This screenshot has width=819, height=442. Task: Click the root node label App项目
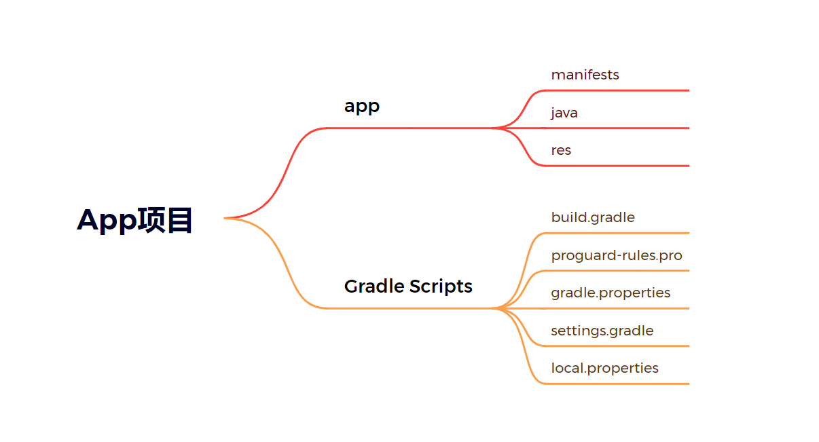[x=134, y=220]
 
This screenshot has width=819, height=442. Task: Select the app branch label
[x=361, y=106]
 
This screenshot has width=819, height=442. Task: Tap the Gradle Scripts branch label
[x=408, y=286]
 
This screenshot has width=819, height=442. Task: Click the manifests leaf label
[x=585, y=75]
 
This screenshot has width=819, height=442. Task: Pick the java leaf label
[x=564, y=113]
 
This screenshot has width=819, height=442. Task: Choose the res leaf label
[x=561, y=150]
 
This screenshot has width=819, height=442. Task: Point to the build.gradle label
[x=593, y=217]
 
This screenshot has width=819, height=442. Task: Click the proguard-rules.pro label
[x=617, y=255]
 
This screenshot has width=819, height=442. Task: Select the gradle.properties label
[x=611, y=293]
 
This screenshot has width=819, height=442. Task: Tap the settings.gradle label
[x=602, y=331]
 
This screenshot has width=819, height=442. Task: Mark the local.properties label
[x=604, y=368]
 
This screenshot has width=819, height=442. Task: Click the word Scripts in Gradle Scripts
[x=442, y=286]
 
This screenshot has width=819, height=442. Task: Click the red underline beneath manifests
[x=618, y=90]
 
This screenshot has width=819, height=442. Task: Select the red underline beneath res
[x=618, y=166]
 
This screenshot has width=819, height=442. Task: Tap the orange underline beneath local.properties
[x=618, y=384]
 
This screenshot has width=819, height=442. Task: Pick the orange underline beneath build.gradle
[x=618, y=233]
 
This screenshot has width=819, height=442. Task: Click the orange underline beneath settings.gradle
[x=618, y=346]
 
